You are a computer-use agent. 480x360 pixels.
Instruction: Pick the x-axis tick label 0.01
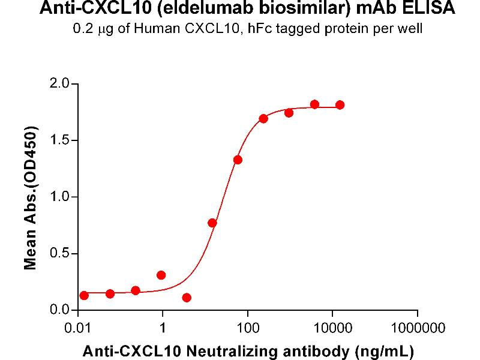pos(78,328)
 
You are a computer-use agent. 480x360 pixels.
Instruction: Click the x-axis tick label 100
pos(248,328)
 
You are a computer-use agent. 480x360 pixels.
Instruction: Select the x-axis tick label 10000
pos(332,328)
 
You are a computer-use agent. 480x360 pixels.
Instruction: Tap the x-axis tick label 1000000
pos(418,328)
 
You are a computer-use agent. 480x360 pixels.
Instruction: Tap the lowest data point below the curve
pos(187,298)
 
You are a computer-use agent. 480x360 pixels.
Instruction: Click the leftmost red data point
pos(84,295)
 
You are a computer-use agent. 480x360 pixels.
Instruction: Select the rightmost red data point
pos(340,105)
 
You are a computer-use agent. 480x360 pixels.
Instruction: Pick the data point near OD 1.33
pos(238,160)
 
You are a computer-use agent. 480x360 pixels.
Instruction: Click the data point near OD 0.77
pos(212,223)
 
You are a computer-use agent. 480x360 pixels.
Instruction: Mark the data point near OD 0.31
pos(161,275)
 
